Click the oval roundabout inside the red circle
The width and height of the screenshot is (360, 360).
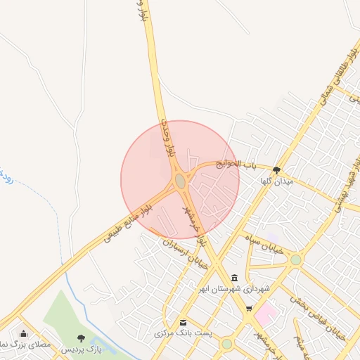click(x=181, y=181)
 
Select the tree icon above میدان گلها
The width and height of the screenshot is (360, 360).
click(x=276, y=169)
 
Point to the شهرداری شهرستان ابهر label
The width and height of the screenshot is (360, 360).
click(x=233, y=289)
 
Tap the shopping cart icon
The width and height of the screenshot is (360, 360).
click(x=248, y=308)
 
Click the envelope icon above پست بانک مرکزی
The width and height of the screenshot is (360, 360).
click(x=183, y=321)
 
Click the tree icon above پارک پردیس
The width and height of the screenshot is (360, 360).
click(x=82, y=338)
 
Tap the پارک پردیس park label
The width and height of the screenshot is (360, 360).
click(x=82, y=349)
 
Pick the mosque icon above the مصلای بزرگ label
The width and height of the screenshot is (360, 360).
click(x=24, y=333)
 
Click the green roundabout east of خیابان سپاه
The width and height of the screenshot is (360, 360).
click(x=296, y=259)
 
